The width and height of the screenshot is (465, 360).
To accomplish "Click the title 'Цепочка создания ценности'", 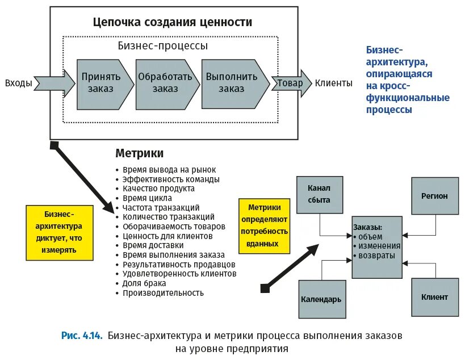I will tap(173, 23).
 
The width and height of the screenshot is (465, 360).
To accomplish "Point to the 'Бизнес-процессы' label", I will tap(163, 45).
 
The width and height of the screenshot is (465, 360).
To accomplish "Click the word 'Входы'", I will tap(19, 83).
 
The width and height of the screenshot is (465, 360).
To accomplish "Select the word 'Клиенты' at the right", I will tap(334, 83).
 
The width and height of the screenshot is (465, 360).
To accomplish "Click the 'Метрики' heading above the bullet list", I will tap(140, 153).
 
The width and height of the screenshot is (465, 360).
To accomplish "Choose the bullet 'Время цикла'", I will tap(147, 198).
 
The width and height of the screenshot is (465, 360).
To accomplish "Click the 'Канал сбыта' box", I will tap(319, 194).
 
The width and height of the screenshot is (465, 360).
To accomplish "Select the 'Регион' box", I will tap(434, 196).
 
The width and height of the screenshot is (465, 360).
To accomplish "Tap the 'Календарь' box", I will tap(321, 298).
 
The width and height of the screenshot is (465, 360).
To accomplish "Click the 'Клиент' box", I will tap(434, 297).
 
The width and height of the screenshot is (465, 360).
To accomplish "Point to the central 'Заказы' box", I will tap(377, 246).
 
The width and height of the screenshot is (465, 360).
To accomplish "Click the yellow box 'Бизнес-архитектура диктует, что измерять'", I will tap(60, 232).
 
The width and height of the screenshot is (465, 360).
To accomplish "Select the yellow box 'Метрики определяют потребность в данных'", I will tap(264, 225).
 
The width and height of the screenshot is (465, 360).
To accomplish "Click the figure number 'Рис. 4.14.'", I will tap(82, 336).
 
